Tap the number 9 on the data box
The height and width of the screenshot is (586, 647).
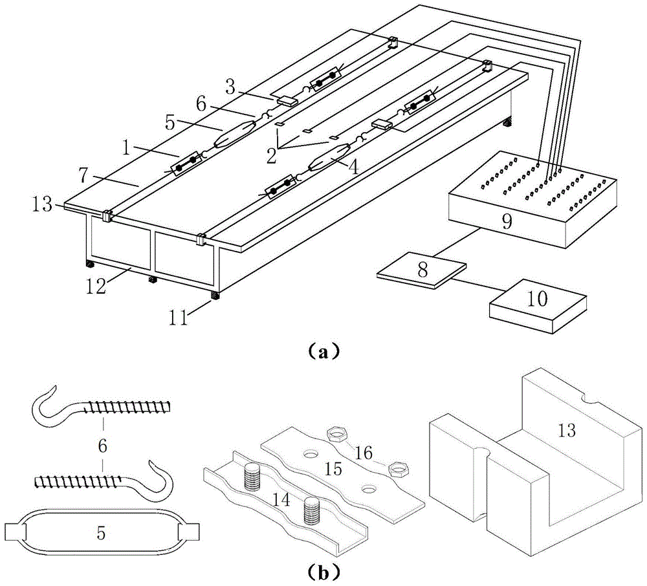[507, 222]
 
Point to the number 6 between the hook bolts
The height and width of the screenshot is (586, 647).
[102, 446]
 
